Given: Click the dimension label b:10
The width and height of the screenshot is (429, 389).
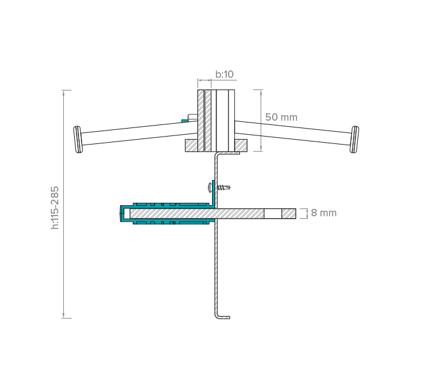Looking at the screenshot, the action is tap(224, 74).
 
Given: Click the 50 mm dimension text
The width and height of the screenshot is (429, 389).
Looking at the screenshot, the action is tap(281, 117).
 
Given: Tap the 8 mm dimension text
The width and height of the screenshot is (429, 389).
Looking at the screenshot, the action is tap(324, 213).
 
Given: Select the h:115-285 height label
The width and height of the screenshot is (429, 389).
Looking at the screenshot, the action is tap(55, 208).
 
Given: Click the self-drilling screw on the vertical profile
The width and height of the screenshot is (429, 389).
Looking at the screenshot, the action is tap(219, 187).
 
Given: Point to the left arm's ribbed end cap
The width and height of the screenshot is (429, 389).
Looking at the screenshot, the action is tap(78, 140).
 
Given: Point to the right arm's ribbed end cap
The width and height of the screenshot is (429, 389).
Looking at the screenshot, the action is tap(354, 140).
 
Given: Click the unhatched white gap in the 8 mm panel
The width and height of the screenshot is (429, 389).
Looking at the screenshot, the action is tap(273, 214).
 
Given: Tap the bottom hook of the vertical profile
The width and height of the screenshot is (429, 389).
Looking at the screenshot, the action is tap(222, 316).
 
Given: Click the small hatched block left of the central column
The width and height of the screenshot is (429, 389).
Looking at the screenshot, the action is tap(191, 146).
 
